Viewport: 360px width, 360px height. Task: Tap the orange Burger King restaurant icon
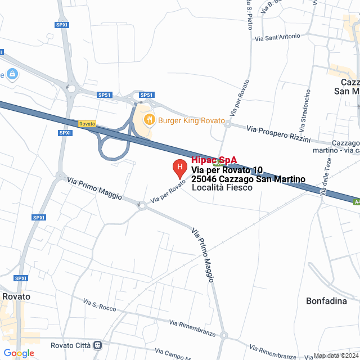coord(149,119)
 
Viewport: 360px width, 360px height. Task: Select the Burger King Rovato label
coord(191,120)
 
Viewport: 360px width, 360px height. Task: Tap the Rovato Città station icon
coord(98,345)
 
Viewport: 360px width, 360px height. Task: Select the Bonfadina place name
coord(326,301)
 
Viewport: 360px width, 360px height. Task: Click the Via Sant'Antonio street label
coord(277,38)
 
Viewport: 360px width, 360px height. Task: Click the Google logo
coord(19,353)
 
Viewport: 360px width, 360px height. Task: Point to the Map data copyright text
coord(336,355)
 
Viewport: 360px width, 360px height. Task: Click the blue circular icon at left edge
coord(12,74)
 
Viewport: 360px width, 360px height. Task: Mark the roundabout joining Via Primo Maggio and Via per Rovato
coord(142,206)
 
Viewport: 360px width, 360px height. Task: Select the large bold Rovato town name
coord(16,296)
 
